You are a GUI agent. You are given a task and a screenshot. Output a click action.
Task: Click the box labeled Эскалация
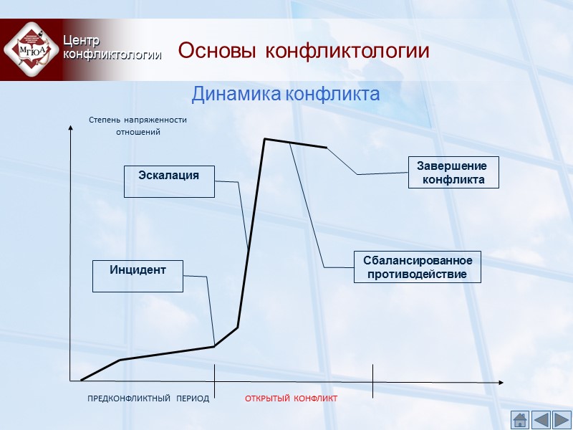click(x=169, y=181)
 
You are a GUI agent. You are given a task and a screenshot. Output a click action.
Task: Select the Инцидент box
click(x=138, y=276)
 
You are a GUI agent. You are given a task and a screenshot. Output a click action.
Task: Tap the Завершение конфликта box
click(x=453, y=173)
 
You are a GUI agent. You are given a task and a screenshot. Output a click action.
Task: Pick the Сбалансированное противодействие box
click(x=418, y=267)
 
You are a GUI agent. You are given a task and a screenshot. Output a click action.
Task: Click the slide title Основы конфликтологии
click(x=304, y=52)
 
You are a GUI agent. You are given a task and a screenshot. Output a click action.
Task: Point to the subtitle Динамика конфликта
click(x=285, y=94)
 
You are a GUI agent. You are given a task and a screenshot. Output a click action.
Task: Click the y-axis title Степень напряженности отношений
click(x=138, y=126)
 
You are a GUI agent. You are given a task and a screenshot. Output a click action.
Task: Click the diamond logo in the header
click(x=29, y=49)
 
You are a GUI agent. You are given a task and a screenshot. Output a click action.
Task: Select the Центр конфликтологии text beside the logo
click(x=110, y=47)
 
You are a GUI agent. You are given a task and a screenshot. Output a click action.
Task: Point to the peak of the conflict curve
click(x=265, y=139)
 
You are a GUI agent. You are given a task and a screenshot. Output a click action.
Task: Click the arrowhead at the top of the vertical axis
click(x=70, y=128)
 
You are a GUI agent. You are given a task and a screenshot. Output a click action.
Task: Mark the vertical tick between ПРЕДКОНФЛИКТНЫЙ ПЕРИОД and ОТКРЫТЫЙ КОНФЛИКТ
click(x=215, y=381)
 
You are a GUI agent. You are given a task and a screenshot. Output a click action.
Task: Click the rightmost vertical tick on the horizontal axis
click(x=372, y=381)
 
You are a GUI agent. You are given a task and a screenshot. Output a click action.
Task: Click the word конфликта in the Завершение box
click(x=453, y=180)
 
